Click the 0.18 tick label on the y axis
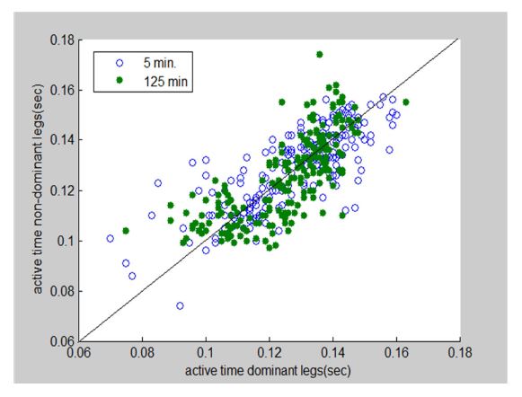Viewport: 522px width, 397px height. (x=63, y=40)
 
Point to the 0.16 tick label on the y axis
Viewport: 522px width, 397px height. (x=63, y=90)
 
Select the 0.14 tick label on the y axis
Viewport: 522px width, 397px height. (x=63, y=140)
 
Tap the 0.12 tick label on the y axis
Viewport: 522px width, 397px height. (x=63, y=190)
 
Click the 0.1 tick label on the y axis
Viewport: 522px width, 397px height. (x=66, y=241)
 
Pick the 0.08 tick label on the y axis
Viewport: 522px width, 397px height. (x=63, y=291)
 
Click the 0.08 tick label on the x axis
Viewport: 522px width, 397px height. (x=142, y=353)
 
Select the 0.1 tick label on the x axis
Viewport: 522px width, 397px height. (x=206, y=353)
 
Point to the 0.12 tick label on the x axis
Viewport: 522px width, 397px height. (x=270, y=353)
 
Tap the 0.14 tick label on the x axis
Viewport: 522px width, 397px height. (x=333, y=353)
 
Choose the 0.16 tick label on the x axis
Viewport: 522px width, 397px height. (x=396, y=353)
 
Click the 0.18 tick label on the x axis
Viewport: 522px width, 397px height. (x=460, y=353)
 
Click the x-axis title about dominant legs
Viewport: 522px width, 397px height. (x=268, y=370)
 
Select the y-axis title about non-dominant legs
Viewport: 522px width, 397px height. (x=38, y=189)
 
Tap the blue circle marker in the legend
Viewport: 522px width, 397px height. (x=119, y=63)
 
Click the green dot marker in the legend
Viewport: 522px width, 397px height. (x=119, y=80)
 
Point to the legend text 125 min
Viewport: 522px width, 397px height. (x=166, y=81)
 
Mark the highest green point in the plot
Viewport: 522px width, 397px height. (x=320, y=54)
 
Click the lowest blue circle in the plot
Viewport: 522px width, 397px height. (x=180, y=305)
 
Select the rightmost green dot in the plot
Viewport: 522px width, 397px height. (x=406, y=102)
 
